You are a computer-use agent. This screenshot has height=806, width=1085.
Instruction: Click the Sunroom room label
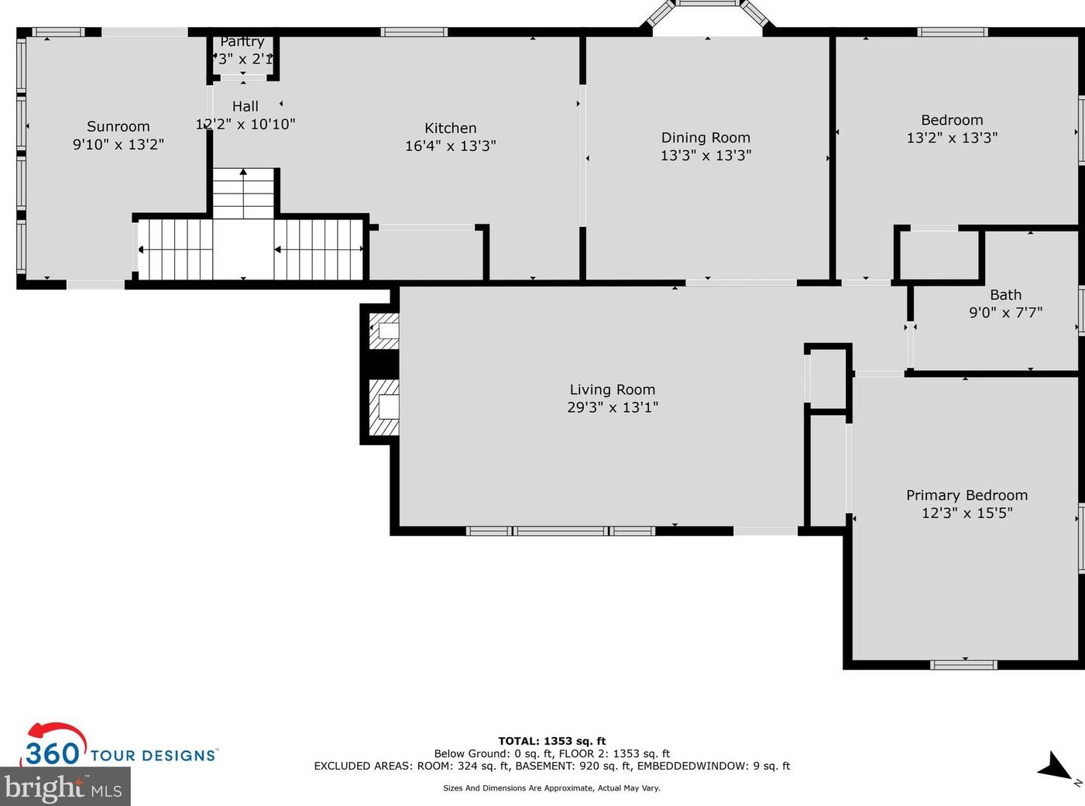[118, 126]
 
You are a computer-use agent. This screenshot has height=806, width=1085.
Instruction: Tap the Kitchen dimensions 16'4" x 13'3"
[451, 146]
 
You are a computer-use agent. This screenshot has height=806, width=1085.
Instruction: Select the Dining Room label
[706, 138]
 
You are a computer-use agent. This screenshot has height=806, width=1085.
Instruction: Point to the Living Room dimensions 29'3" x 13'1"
[613, 407]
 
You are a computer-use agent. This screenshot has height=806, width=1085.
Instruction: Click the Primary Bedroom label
[967, 496]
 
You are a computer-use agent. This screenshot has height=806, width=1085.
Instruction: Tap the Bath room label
[1006, 295]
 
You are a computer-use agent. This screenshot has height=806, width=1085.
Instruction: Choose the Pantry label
[242, 42]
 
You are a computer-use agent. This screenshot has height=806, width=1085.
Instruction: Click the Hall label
[245, 106]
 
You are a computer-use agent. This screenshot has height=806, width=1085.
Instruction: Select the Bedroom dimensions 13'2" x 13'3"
[952, 138]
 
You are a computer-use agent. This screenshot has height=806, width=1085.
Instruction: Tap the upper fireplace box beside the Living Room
[383, 331]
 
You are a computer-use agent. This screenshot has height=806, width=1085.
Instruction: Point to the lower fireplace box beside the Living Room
[383, 407]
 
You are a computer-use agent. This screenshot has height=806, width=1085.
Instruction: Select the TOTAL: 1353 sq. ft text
[552, 742]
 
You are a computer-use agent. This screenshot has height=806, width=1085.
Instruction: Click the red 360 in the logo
[53, 753]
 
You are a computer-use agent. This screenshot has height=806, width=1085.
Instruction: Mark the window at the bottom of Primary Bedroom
[963, 664]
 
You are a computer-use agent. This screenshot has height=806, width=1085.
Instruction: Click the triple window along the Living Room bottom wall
[560, 531]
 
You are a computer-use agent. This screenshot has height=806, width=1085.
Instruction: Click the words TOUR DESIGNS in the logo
[153, 755]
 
